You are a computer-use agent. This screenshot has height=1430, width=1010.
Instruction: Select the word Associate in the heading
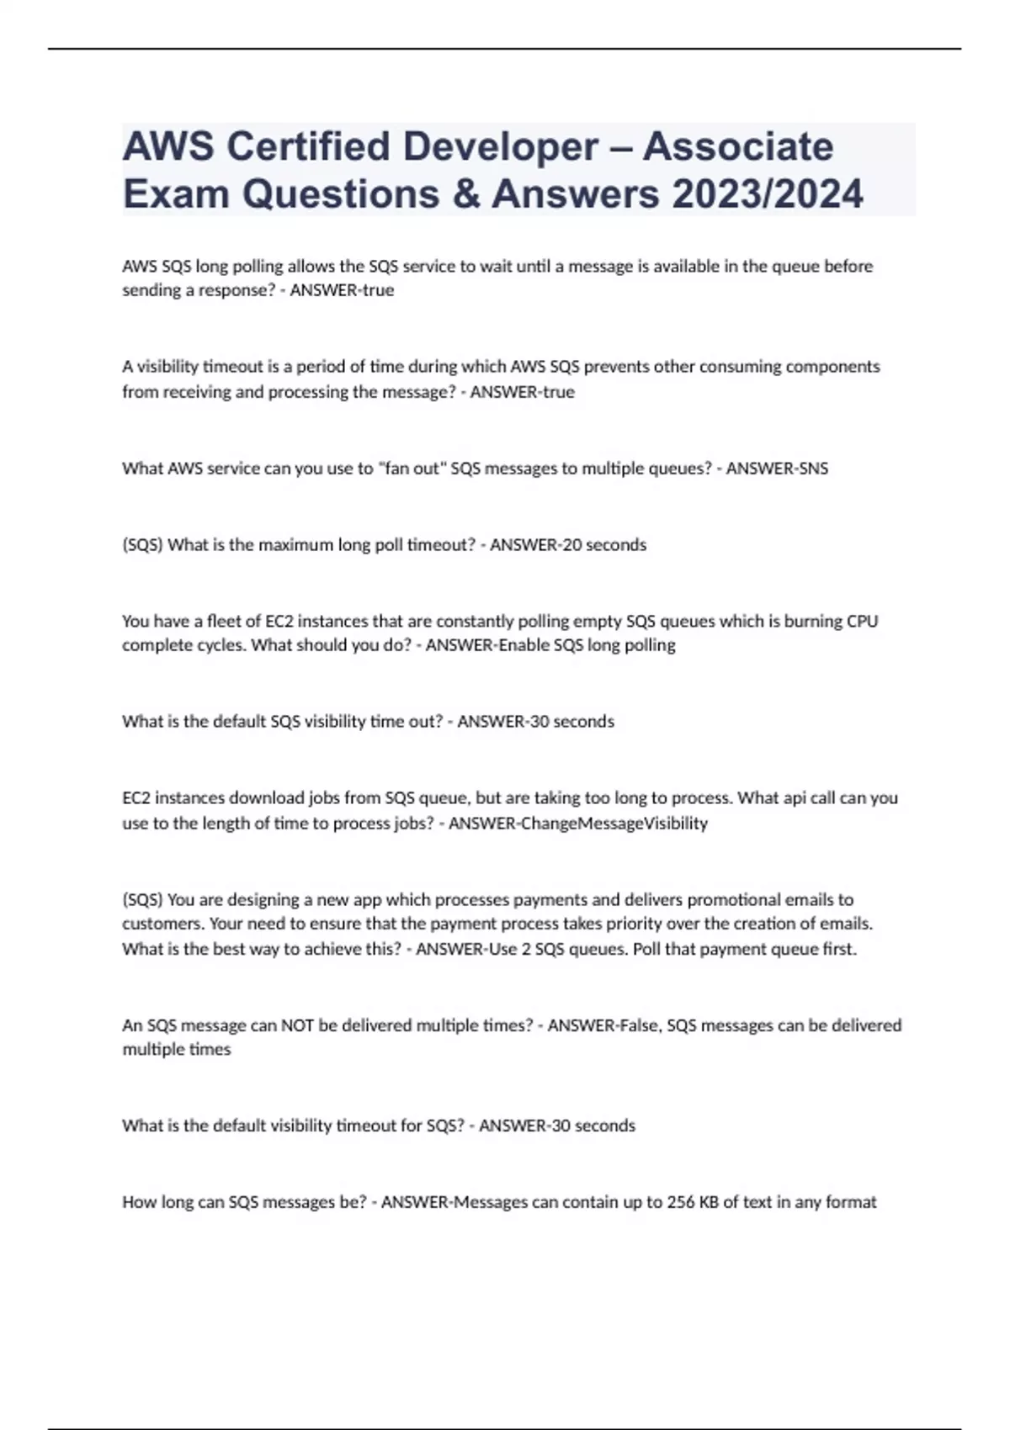coord(738,146)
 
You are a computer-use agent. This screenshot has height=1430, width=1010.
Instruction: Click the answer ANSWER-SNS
coord(777,469)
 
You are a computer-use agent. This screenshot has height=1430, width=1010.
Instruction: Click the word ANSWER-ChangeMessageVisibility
coord(578,824)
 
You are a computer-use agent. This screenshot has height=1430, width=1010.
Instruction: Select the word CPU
coord(861,622)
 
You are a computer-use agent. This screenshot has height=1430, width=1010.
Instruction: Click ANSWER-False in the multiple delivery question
coord(603,1026)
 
